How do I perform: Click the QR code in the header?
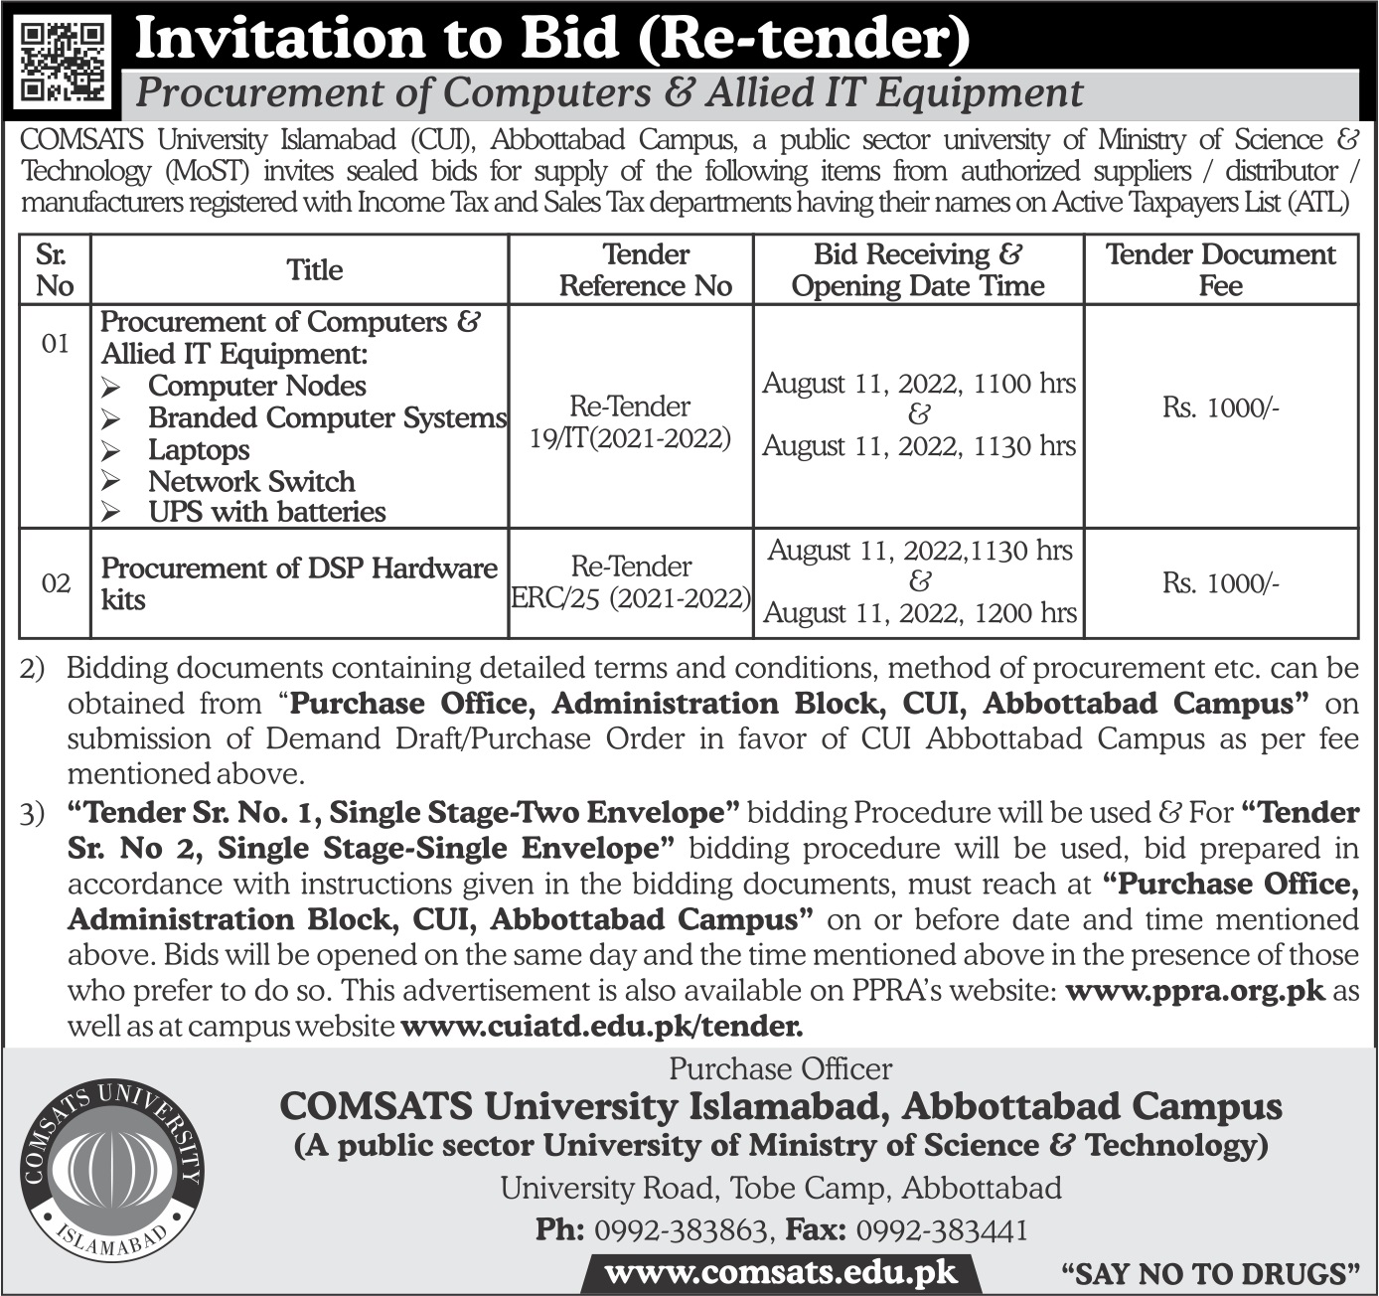click(63, 63)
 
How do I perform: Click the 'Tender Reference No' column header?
click(645, 270)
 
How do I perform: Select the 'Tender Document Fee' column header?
click(1220, 270)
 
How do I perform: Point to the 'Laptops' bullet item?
click(199, 450)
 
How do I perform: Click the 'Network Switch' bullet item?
click(251, 482)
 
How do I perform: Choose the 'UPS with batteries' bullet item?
click(267, 513)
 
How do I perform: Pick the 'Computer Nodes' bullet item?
click(256, 387)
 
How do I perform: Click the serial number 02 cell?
click(56, 583)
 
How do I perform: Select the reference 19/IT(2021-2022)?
click(631, 438)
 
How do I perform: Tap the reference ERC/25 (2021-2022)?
click(631, 598)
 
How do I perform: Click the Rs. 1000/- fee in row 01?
click(1220, 408)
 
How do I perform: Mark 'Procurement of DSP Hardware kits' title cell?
click(298, 583)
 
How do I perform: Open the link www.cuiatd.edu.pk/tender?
click(601, 1027)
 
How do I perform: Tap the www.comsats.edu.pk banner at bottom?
click(781, 1273)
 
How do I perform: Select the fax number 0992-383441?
click(941, 1230)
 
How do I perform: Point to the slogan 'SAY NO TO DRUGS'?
click(1210, 1274)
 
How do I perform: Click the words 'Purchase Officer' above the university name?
click(780, 1069)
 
